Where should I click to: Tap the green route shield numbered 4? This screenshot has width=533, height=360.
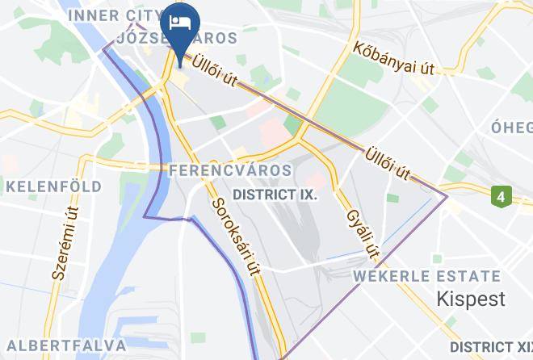pyautogui.click(x=502, y=195)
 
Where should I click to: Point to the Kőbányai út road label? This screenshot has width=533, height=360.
pyautogui.click(x=394, y=57)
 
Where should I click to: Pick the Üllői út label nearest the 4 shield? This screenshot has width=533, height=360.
pyautogui.click(x=388, y=163)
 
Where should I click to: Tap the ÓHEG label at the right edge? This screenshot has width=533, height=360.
pyautogui.click(x=512, y=127)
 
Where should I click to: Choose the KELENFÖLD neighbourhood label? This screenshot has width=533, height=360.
pyautogui.click(x=54, y=186)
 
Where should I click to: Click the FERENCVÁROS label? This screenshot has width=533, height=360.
pyautogui.click(x=230, y=170)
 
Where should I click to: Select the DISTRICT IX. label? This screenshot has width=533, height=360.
pyautogui.click(x=275, y=195)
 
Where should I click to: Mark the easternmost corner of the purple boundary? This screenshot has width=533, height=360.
pyautogui.click(x=447, y=195)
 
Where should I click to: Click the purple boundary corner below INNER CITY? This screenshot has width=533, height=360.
pyautogui.click(x=104, y=48)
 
